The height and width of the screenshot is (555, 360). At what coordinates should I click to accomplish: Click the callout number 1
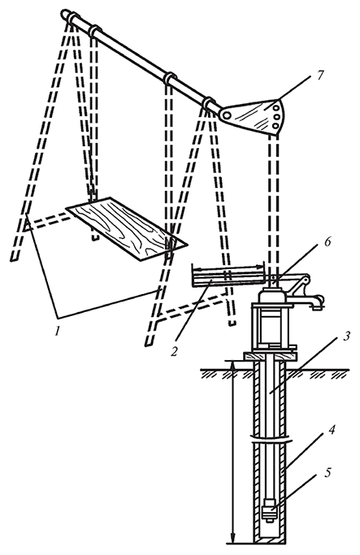coord(57,331)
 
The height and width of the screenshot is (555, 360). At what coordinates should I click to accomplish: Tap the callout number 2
coord(174,352)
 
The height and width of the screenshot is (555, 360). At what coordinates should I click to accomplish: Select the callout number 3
coord(347,335)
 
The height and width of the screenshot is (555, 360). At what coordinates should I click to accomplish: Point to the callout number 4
coord(332,431)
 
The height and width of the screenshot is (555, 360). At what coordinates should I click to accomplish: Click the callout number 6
coord(327,242)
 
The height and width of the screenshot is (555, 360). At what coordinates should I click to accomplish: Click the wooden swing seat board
coord(127,228)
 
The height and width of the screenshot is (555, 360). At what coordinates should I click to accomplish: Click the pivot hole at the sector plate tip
coord(227,114)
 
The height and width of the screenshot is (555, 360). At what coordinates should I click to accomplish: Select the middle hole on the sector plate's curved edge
coord(276,116)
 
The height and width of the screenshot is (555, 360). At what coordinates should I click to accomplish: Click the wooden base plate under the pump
coord(270,356)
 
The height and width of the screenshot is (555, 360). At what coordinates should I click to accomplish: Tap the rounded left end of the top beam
coord(66,14)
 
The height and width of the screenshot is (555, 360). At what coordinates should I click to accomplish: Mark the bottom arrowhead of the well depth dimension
coord(232,539)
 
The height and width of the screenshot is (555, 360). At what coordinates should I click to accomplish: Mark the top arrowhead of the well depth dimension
coord(232,366)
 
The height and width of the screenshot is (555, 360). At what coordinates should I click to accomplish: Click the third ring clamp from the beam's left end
coord(171,78)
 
